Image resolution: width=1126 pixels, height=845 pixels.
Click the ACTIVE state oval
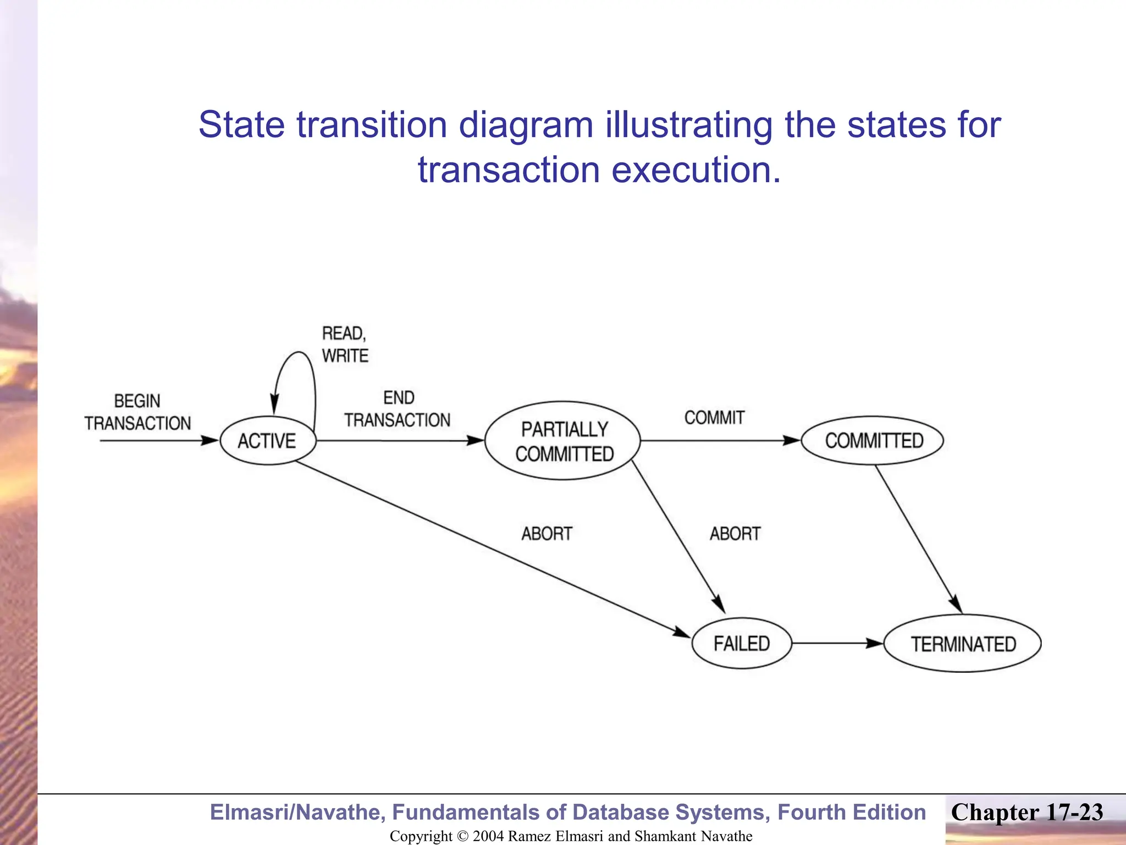[x=268, y=441]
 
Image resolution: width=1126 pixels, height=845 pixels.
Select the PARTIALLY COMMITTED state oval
[x=563, y=441]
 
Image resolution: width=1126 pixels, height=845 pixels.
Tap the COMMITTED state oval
[x=873, y=441]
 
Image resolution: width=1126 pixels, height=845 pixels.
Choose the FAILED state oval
[x=742, y=643]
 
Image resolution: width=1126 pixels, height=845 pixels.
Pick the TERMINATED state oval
[x=963, y=644]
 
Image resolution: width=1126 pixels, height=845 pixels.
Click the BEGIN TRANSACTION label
[x=137, y=412]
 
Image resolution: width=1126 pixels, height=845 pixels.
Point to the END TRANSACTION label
[x=398, y=409]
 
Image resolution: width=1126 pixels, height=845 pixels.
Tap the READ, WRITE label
[x=345, y=344]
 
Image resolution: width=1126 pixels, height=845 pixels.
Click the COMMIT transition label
[x=714, y=418]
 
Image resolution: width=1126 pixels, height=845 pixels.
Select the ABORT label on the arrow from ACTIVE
[x=547, y=534]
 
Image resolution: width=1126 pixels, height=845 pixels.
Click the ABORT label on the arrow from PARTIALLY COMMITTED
[x=735, y=534]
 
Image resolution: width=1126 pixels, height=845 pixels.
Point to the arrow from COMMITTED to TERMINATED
[x=918, y=539]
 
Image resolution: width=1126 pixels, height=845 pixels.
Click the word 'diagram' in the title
[x=526, y=124]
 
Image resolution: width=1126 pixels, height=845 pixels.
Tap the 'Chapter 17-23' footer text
[x=1027, y=813]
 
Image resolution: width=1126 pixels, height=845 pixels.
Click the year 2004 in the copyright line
[x=488, y=836]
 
